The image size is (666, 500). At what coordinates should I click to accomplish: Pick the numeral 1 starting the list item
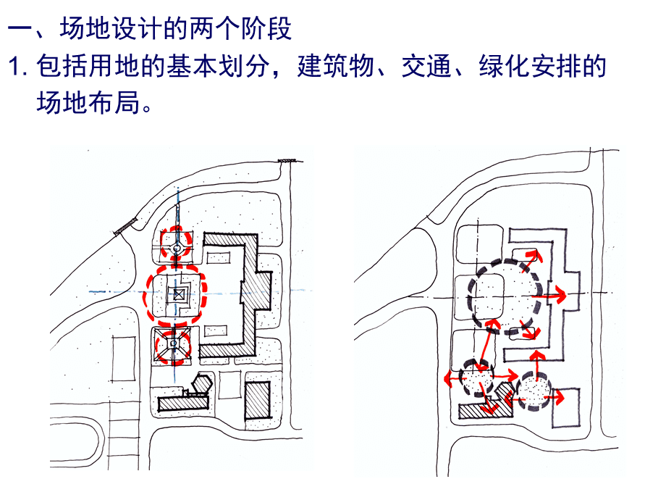14,67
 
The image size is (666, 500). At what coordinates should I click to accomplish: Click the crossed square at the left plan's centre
177,294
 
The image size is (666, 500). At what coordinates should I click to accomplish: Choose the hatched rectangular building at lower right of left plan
257,399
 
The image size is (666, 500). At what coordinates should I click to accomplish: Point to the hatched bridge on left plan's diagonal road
125,226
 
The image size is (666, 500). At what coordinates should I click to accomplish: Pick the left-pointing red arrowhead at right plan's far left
447,379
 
